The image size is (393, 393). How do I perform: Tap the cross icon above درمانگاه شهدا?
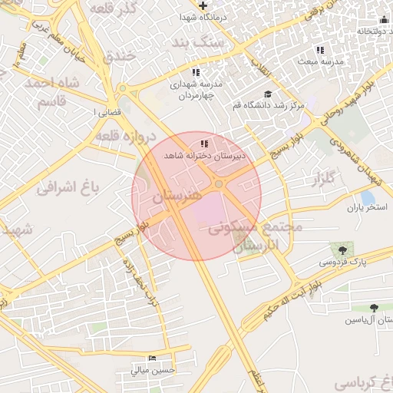203,6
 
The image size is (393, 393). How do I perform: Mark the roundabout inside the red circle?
219,183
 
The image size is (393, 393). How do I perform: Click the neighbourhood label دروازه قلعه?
127,135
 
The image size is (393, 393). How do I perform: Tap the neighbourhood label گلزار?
323,179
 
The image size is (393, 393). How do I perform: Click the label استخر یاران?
364,207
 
